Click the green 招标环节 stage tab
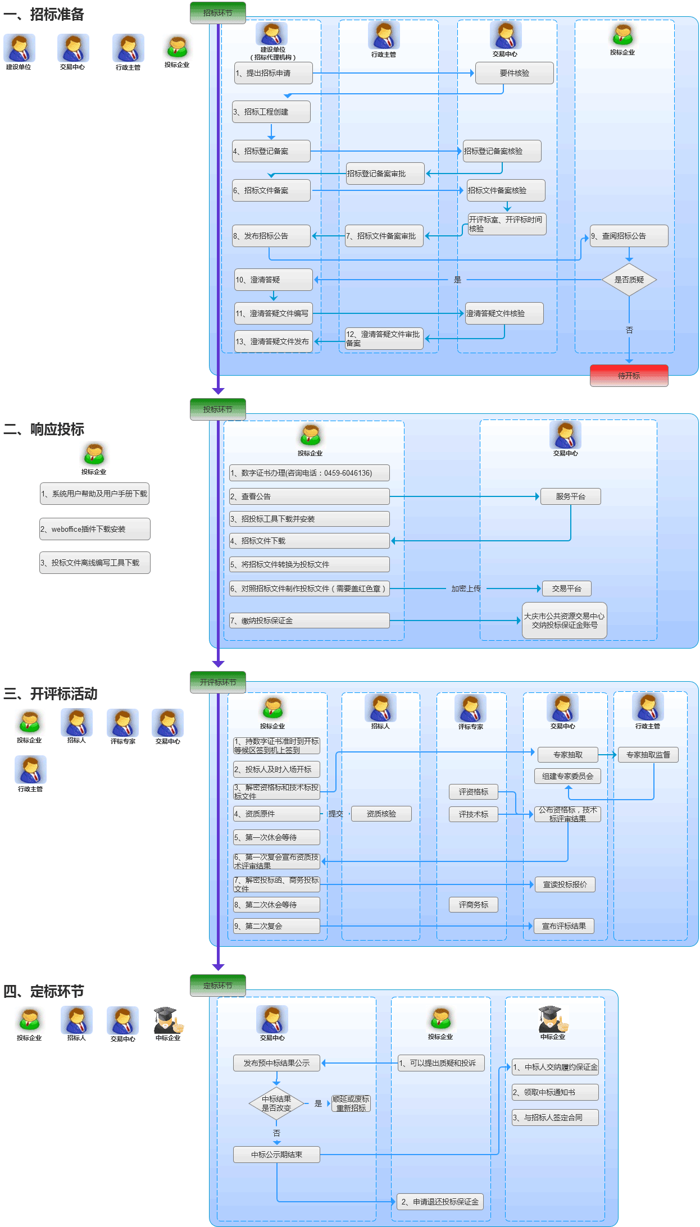(218, 13)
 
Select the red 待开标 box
(629, 376)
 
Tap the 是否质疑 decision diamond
(629, 280)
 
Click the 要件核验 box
(514, 73)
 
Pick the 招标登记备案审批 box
(385, 174)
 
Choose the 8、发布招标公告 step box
(271, 236)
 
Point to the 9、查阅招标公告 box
(629, 236)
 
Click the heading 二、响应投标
(44, 429)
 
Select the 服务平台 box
(570, 496)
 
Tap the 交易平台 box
(566, 589)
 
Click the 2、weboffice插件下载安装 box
(94, 529)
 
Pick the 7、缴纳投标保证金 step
(309, 621)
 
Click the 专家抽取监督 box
(648, 755)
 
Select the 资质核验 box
(381, 814)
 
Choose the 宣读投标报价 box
(565, 884)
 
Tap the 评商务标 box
(473, 905)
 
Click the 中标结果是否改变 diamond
(276, 1103)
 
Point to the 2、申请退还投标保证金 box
(440, 1202)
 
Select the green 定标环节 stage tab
(218, 986)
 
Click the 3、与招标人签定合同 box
(554, 1117)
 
